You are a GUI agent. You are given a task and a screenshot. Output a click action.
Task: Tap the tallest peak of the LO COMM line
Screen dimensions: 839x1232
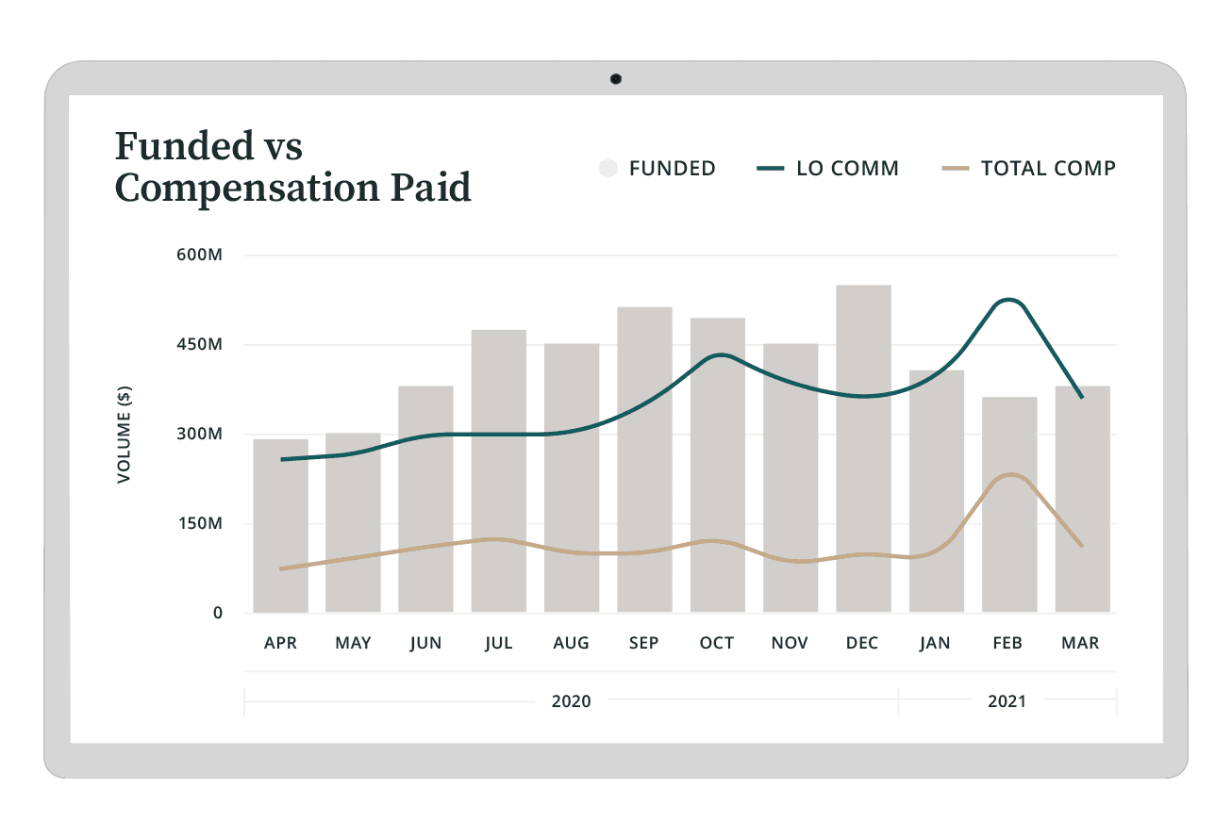[1008, 300]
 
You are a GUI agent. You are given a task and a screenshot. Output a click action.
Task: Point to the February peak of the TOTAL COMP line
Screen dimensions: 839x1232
[1009, 474]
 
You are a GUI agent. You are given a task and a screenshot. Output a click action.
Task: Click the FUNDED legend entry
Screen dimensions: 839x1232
[658, 169]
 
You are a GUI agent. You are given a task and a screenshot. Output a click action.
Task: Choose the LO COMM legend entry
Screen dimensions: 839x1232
[827, 169]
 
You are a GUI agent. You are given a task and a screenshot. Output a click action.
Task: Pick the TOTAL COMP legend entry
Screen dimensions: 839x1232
[1029, 169]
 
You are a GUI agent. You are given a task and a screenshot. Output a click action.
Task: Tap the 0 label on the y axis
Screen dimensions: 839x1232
[218, 613]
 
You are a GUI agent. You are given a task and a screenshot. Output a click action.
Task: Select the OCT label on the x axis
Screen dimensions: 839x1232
[717, 643]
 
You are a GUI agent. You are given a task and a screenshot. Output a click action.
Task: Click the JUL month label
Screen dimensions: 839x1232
[498, 643]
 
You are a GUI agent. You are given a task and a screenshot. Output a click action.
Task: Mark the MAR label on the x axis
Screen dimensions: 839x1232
[1081, 643]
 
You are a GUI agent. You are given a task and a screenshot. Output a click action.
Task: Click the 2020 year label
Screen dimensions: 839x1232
[572, 701]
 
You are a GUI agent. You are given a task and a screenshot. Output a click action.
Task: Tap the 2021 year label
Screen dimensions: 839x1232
[1007, 701]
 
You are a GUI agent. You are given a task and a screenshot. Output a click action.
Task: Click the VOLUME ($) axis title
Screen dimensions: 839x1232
[124, 435]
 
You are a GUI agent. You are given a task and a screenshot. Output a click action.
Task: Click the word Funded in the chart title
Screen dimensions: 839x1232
[175, 147]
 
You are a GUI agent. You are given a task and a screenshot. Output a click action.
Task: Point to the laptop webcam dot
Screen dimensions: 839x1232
[616, 79]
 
